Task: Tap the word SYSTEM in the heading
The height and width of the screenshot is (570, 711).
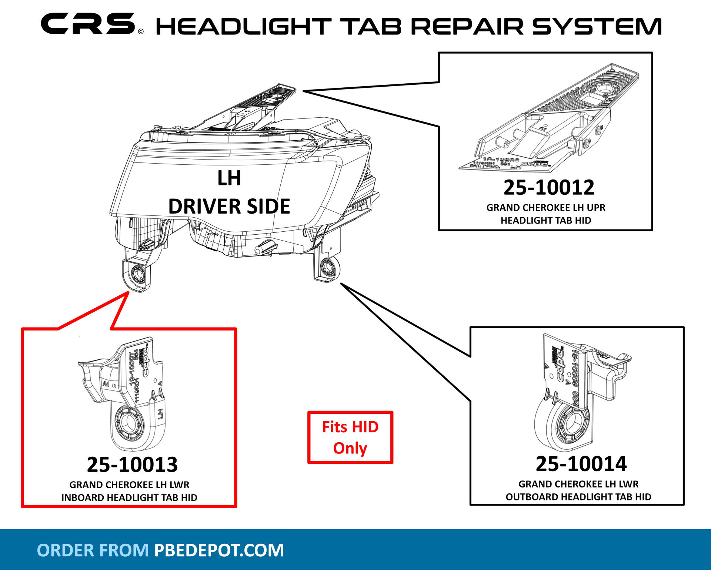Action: pyautogui.click(x=597, y=27)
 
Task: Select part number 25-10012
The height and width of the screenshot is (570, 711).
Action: pyautogui.click(x=548, y=187)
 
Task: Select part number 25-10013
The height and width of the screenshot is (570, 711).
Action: pyautogui.click(x=132, y=465)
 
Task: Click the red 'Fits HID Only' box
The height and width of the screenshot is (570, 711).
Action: pyautogui.click(x=350, y=437)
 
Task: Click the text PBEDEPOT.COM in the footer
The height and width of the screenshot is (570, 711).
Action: pyautogui.click(x=219, y=550)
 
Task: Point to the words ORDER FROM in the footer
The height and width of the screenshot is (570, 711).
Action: pyautogui.click(x=93, y=550)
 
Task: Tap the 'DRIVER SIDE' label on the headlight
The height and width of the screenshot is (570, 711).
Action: pyautogui.click(x=229, y=207)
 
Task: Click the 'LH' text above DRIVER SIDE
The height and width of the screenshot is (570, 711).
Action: pyautogui.click(x=229, y=178)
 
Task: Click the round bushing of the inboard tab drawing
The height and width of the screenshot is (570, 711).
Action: pyautogui.click(x=128, y=424)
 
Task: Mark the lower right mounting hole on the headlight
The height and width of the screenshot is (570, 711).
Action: pyautogui.click(x=327, y=267)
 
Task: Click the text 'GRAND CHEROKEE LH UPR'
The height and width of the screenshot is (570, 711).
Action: pyautogui.click(x=545, y=208)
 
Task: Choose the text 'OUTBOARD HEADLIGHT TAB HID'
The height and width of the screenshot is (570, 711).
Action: pyautogui.click(x=578, y=497)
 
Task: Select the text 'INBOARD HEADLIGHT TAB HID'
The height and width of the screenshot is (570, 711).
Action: pyautogui.click(x=129, y=497)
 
